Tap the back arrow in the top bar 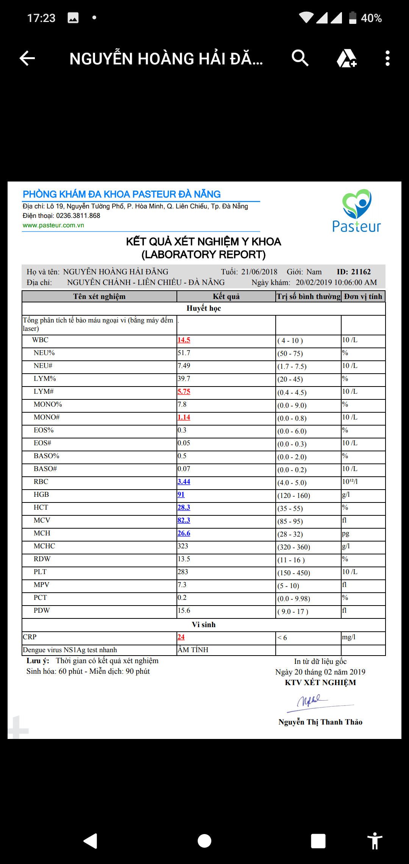(x=27, y=58)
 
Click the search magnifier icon (x=300, y=58)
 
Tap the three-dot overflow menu (x=387, y=58)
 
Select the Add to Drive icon (x=347, y=58)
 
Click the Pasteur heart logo (x=357, y=205)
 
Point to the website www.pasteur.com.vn (x=53, y=225)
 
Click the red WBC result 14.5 (x=184, y=340)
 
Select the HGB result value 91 (x=181, y=495)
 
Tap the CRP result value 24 (x=181, y=637)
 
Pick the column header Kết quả (x=226, y=296)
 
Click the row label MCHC (x=44, y=546)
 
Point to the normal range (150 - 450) (x=293, y=573)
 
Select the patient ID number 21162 (x=361, y=272)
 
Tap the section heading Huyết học (x=204, y=308)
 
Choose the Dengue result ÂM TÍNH (x=193, y=650)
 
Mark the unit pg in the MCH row (x=345, y=533)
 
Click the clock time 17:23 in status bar (x=41, y=18)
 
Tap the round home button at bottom (x=204, y=841)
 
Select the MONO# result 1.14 (x=184, y=417)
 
